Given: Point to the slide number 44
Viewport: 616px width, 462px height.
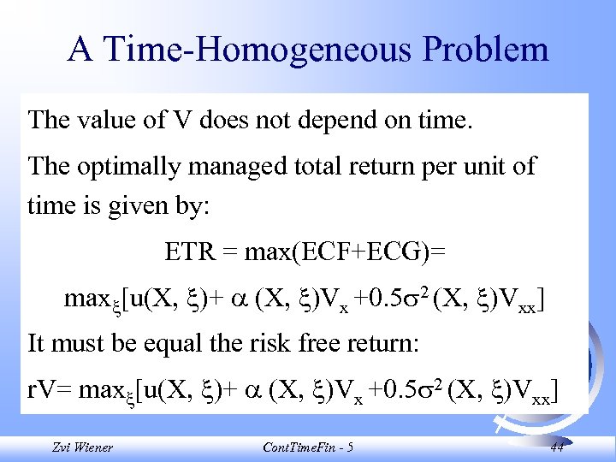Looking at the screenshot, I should pos(557,447).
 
